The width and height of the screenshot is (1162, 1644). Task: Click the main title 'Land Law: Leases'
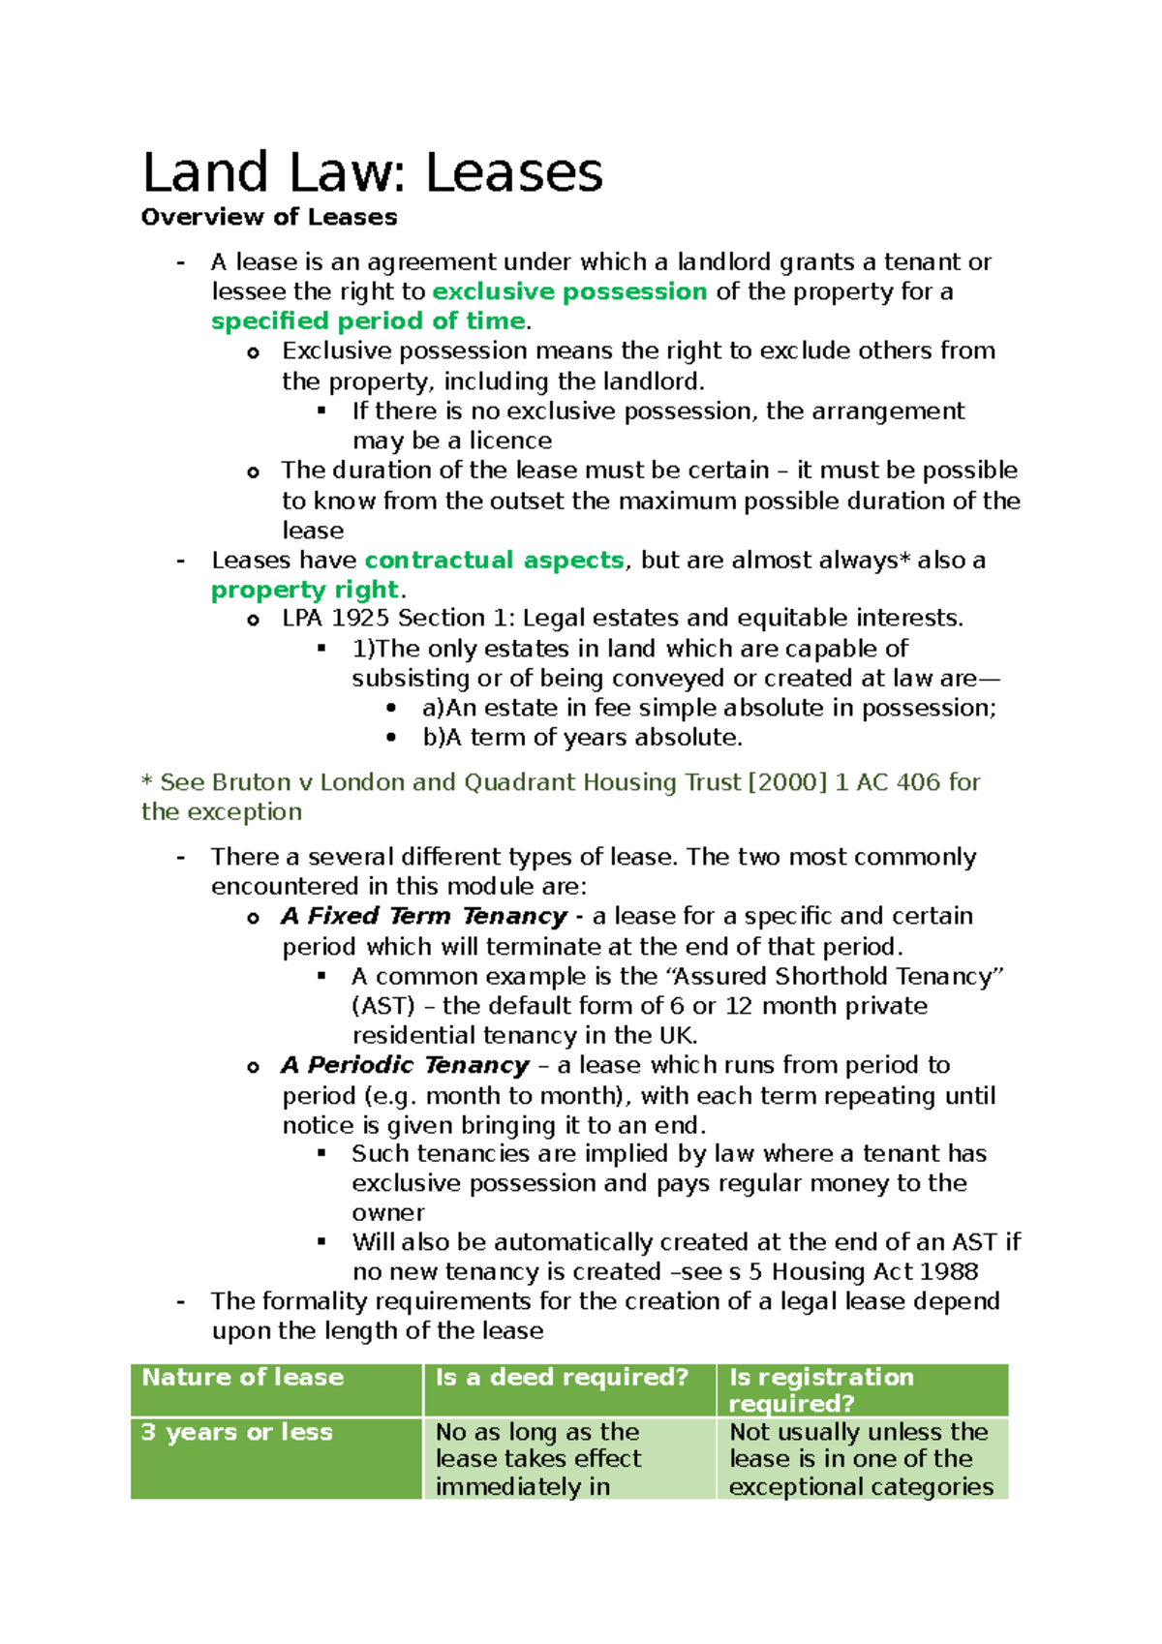(373, 173)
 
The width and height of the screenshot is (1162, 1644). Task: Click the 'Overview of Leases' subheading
(269, 217)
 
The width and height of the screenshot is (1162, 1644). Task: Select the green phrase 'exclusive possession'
(569, 291)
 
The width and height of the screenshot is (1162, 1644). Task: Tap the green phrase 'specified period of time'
(368, 321)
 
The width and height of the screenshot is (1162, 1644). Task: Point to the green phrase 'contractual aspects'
(494, 561)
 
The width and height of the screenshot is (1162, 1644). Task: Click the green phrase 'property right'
(305, 590)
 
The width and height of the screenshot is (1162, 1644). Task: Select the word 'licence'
(510, 441)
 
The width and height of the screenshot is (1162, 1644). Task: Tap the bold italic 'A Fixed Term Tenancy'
(424, 916)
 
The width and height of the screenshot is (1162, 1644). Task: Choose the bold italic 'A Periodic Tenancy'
(405, 1065)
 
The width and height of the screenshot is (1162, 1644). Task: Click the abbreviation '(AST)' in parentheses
(383, 1006)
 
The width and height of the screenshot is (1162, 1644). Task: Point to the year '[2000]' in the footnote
(787, 782)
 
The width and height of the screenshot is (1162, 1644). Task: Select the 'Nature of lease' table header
(243, 1378)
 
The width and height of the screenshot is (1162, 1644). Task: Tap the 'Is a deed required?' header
(562, 1378)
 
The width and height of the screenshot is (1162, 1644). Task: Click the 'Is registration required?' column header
(821, 1389)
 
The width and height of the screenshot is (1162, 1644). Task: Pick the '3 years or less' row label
(237, 1432)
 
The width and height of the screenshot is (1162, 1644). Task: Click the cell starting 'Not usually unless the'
(860, 1458)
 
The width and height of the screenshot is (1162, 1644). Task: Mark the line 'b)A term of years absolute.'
(582, 738)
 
